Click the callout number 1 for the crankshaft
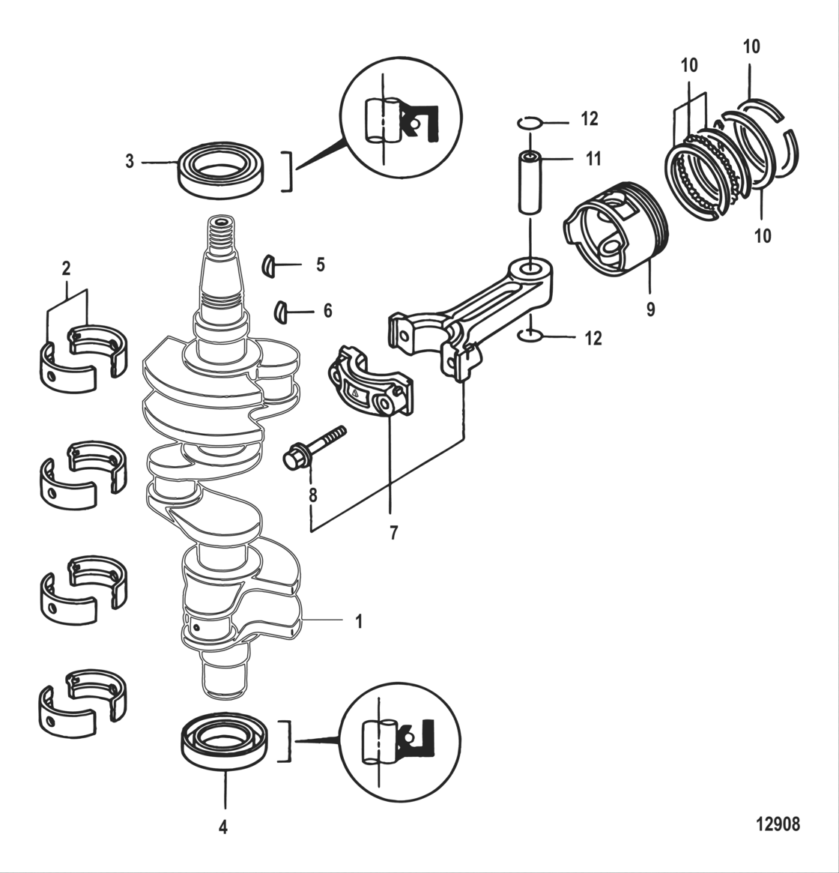(x=358, y=622)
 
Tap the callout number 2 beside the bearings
(x=67, y=268)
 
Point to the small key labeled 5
(x=269, y=266)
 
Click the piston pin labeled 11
(x=530, y=183)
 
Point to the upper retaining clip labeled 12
(x=529, y=121)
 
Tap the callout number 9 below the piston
(x=650, y=308)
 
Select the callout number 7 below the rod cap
(x=393, y=533)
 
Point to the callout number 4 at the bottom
(x=222, y=827)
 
